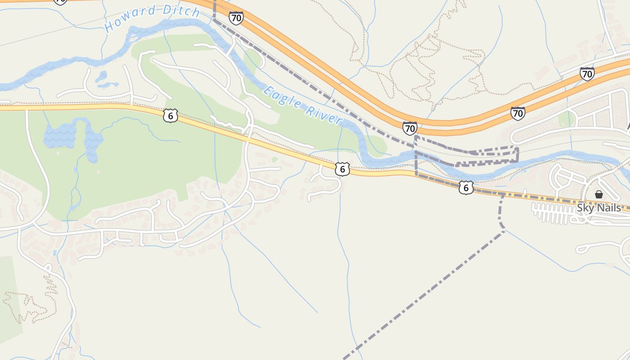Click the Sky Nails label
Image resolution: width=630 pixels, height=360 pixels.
598,208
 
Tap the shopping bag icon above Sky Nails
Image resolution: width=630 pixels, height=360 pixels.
598,194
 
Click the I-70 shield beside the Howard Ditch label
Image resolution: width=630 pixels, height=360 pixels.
236,18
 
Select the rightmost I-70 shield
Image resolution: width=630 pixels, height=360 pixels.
587,73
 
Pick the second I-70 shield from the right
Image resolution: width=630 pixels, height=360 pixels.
518,113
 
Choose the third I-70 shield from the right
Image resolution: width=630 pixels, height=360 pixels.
409,128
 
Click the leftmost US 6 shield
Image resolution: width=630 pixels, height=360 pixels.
170,116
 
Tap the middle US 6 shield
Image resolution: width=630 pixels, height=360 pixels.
342,169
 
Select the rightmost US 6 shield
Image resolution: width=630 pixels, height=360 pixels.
466,187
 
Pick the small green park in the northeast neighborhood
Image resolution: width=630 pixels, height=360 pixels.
567,119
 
